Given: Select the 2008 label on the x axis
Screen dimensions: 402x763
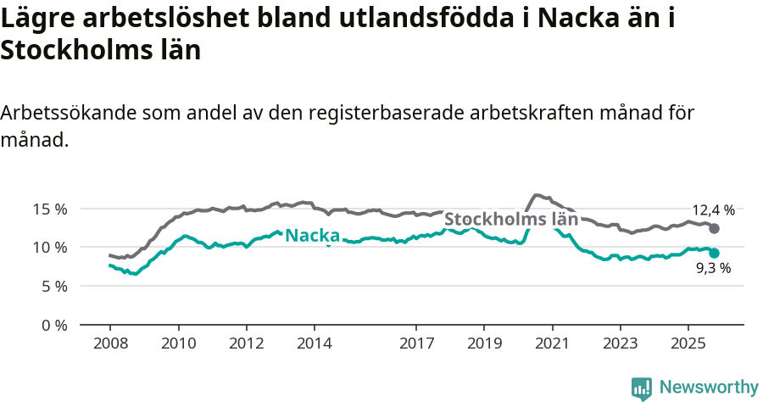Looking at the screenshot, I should pos(110,345).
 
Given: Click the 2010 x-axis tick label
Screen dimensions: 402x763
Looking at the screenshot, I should pos(178,345).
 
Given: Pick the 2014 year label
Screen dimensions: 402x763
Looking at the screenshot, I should pos(314,345).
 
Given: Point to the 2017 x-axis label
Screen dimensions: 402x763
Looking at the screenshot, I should pos(415,345).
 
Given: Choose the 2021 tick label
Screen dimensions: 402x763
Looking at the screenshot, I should pos(552,345).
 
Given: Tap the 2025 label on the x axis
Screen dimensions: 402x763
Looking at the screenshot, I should pos(688,345).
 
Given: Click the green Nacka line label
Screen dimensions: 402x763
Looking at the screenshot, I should pos(312,236).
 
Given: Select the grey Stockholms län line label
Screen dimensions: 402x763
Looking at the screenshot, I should pos(511,219).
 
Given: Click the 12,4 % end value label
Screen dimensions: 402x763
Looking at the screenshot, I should pos(713,210).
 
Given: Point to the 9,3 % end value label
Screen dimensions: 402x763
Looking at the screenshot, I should pos(713,269).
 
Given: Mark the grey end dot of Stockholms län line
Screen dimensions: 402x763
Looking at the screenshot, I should pos(715,229).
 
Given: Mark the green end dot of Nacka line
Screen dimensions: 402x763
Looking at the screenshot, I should pos(715,253).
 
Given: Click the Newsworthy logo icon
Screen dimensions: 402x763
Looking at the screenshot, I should pos(642,388).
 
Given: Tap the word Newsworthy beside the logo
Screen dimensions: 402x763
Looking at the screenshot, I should pos(709,388).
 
